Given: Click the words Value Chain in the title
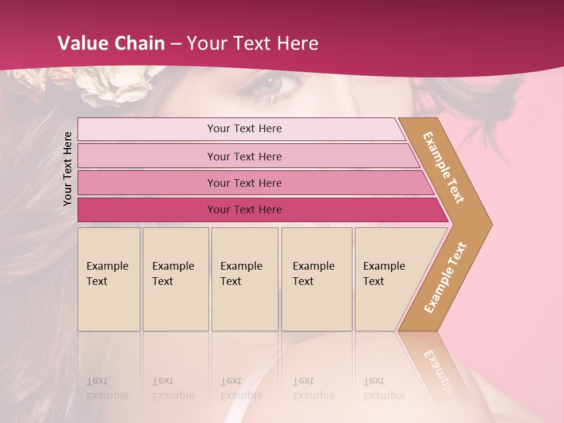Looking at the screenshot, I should [111, 43].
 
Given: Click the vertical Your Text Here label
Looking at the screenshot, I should [68, 168].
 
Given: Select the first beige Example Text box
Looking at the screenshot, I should [109, 278].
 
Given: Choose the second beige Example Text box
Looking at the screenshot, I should [175, 278].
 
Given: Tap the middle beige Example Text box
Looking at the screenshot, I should [244, 278].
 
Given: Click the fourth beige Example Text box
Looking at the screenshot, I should [316, 278].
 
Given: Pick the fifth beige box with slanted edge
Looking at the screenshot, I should [388, 278].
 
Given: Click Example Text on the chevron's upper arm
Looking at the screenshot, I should [444, 167].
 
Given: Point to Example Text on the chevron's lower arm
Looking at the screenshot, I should [445, 277].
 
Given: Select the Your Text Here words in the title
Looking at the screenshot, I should [253, 43].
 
